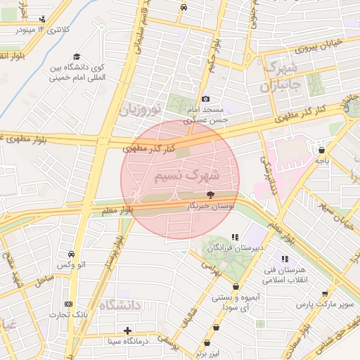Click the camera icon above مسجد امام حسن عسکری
[205, 99]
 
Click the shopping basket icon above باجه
[321, 150]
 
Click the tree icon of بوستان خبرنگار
[210, 195]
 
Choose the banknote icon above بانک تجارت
[68, 304]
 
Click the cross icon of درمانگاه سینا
[127, 330]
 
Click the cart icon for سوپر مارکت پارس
[324, 295]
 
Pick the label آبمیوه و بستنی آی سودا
[235, 303]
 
